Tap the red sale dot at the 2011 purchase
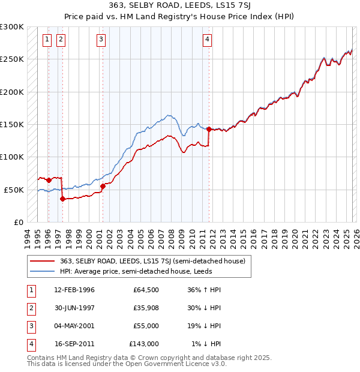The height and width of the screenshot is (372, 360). point(208,129)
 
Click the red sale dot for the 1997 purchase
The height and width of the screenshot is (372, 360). point(62,199)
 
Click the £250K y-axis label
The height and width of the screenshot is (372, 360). point(12,59)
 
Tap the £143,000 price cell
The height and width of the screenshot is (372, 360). point(144,344)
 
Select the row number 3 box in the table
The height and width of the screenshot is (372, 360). point(30,326)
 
